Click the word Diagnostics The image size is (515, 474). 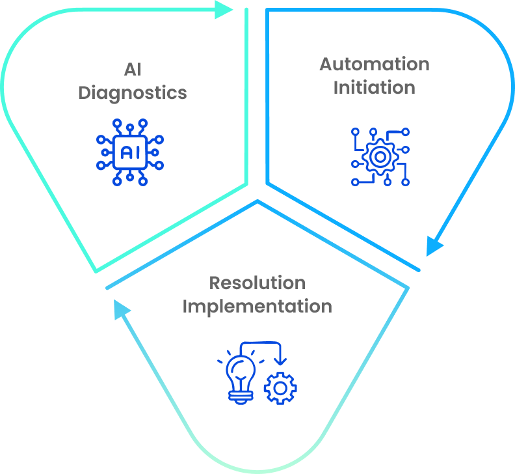click(x=133, y=92)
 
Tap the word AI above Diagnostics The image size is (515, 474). click(x=133, y=69)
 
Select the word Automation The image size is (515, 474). click(x=374, y=64)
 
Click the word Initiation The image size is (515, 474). click(x=374, y=87)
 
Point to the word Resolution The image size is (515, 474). click(x=257, y=283)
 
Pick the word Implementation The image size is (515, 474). click(x=257, y=305)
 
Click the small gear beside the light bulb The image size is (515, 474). click(x=280, y=388)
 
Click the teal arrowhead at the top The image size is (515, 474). click(x=225, y=9)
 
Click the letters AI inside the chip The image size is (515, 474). click(x=130, y=151)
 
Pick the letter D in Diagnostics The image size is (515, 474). click(x=85, y=92)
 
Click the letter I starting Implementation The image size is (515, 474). click(x=185, y=305)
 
